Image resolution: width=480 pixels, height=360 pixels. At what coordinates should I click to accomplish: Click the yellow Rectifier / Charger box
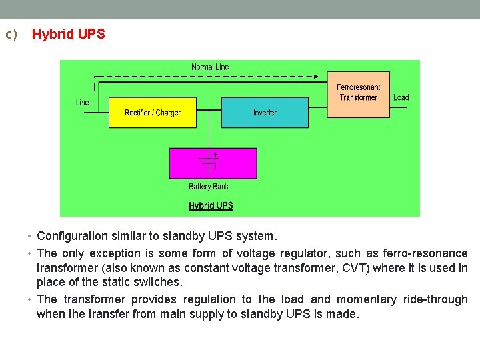153,113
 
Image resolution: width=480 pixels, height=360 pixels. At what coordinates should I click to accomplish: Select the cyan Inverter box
265,113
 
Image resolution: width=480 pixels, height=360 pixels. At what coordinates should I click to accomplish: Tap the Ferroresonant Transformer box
358,93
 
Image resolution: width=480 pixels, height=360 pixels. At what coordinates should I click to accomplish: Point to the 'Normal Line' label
210,67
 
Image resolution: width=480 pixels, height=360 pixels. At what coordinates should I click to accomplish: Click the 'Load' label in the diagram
401,97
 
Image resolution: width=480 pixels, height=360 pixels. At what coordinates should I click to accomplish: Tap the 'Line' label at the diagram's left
83,103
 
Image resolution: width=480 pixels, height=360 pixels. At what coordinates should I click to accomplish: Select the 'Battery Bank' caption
209,187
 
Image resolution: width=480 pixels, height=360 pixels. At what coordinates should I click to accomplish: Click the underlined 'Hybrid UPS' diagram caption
211,205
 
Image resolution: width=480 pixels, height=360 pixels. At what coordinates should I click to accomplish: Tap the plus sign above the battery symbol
215,154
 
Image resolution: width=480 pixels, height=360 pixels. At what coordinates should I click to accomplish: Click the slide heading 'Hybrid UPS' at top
69,34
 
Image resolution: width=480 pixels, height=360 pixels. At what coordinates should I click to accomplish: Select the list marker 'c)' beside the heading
11,34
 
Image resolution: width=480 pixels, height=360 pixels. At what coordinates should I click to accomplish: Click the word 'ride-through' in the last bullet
435,299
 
